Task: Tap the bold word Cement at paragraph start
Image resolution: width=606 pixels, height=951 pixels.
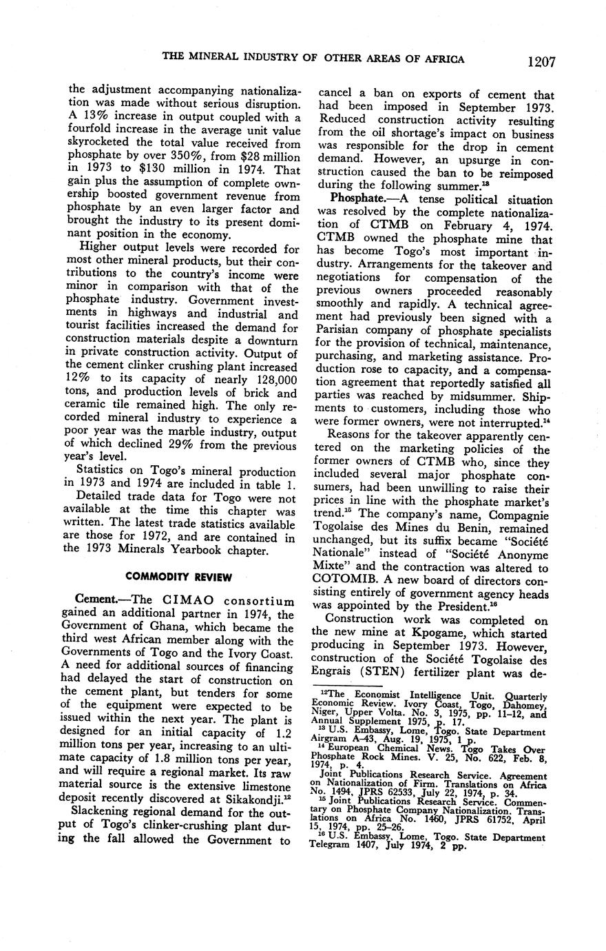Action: (94, 602)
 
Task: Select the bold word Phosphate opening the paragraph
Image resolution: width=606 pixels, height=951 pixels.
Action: (358, 198)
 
